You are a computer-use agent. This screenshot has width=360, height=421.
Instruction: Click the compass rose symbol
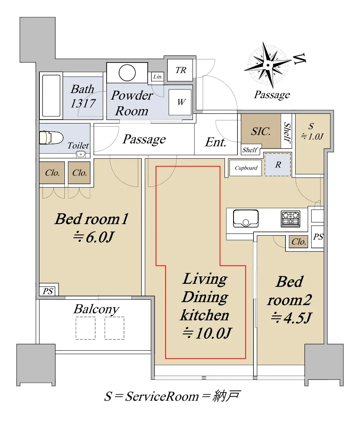[x=268, y=65]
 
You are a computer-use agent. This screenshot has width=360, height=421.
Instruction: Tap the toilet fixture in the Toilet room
[x=51, y=138]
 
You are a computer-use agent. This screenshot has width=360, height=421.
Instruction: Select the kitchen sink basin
[x=246, y=218]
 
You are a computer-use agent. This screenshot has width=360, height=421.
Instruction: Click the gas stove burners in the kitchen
[x=290, y=218]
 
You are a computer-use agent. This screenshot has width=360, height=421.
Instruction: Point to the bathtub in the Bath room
[x=51, y=96]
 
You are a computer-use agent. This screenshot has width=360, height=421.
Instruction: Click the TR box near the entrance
[x=180, y=70]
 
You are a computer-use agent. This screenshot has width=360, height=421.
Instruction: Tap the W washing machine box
[x=180, y=102]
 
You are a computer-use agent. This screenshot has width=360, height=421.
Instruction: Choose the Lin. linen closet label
[x=157, y=77]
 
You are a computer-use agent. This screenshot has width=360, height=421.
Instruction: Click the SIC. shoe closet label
[x=261, y=131]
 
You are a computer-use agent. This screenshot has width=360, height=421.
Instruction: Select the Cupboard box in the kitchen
[x=246, y=168]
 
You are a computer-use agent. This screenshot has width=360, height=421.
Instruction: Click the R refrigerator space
[x=278, y=165]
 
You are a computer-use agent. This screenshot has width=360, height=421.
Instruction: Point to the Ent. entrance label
[x=216, y=142]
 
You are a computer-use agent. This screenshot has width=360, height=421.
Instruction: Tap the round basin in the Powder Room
[x=127, y=73]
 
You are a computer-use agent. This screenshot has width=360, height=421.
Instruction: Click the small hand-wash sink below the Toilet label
[x=81, y=154]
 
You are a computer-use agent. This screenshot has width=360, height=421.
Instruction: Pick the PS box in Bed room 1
[x=48, y=291]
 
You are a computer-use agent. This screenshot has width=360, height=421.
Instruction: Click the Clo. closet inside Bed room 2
[x=299, y=242]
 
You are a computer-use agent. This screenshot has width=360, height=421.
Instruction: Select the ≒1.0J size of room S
[x=312, y=136]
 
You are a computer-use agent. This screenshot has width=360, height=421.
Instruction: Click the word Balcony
[x=96, y=309]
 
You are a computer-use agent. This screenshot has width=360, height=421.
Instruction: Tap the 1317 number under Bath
[x=83, y=103]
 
